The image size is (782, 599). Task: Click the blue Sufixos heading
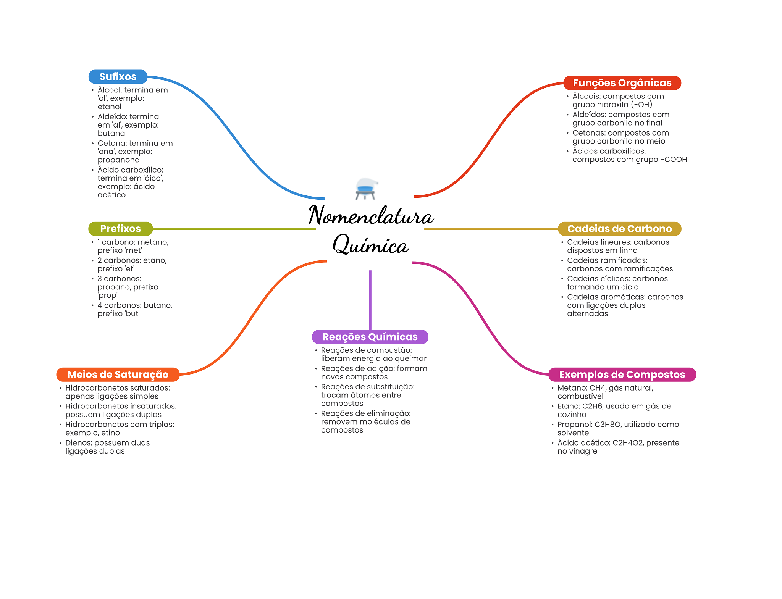pos(118,77)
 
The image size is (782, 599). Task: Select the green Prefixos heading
pos(120,229)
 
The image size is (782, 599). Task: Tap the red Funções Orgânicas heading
pos(622,83)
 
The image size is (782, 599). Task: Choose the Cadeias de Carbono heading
pos(619,229)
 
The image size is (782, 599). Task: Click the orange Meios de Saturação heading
pos(118,375)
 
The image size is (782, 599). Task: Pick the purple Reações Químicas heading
pos(370,337)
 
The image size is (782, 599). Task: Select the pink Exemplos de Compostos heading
pos(622,375)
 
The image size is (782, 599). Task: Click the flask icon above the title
pos(366,189)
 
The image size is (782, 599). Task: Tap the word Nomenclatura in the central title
pos(371,216)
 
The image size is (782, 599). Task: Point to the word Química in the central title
pos(371,245)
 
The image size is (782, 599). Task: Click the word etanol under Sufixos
pos(109,107)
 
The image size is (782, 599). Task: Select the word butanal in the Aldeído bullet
pos(112,134)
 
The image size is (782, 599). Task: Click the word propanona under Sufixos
pos(118,160)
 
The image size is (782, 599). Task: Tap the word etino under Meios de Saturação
pos(110,433)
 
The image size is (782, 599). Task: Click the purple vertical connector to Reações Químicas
pos(370,300)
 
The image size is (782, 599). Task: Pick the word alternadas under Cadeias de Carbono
pos(587,314)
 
